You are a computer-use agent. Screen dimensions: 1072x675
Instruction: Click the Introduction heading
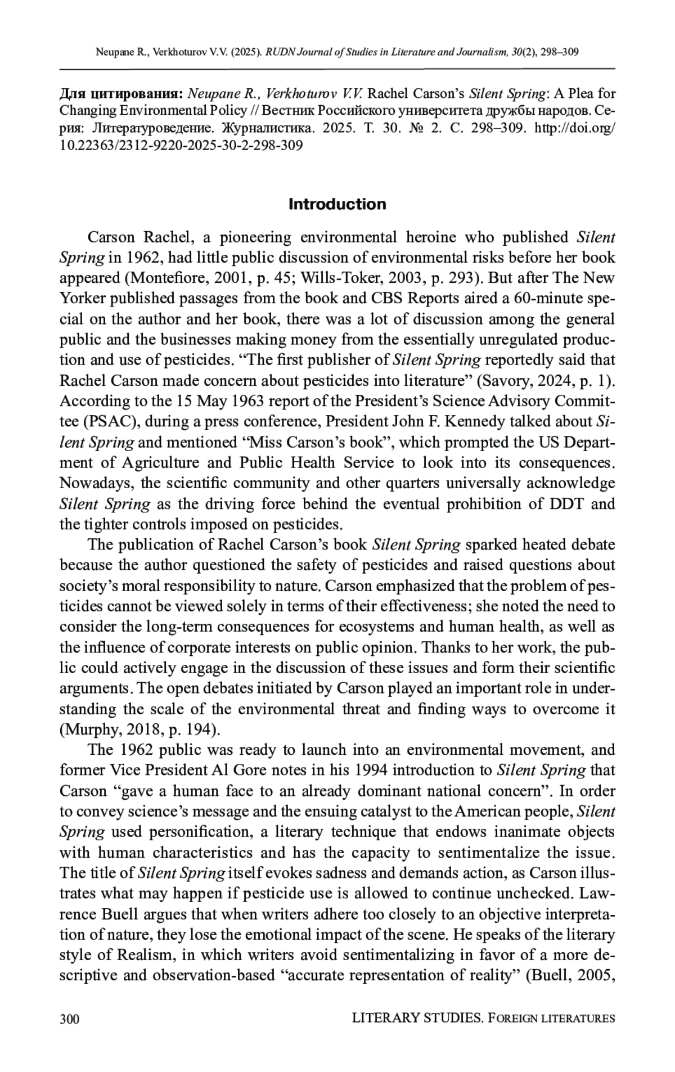[x=337, y=204]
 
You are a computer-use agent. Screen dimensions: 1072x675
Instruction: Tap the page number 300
[x=69, y=1018]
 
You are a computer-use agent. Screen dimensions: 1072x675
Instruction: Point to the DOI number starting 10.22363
[x=181, y=146]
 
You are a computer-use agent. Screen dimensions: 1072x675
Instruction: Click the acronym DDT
[x=563, y=503]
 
